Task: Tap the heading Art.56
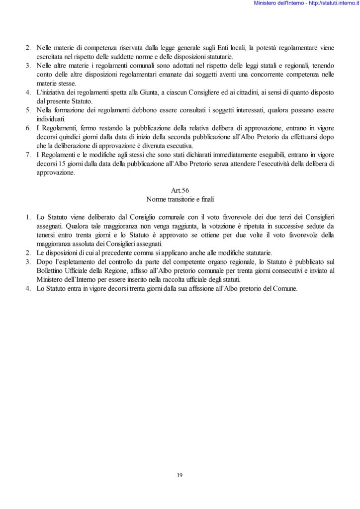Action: [180, 190]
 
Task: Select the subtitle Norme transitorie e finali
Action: [180, 198]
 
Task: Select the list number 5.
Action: [28, 110]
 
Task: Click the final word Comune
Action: [285, 289]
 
